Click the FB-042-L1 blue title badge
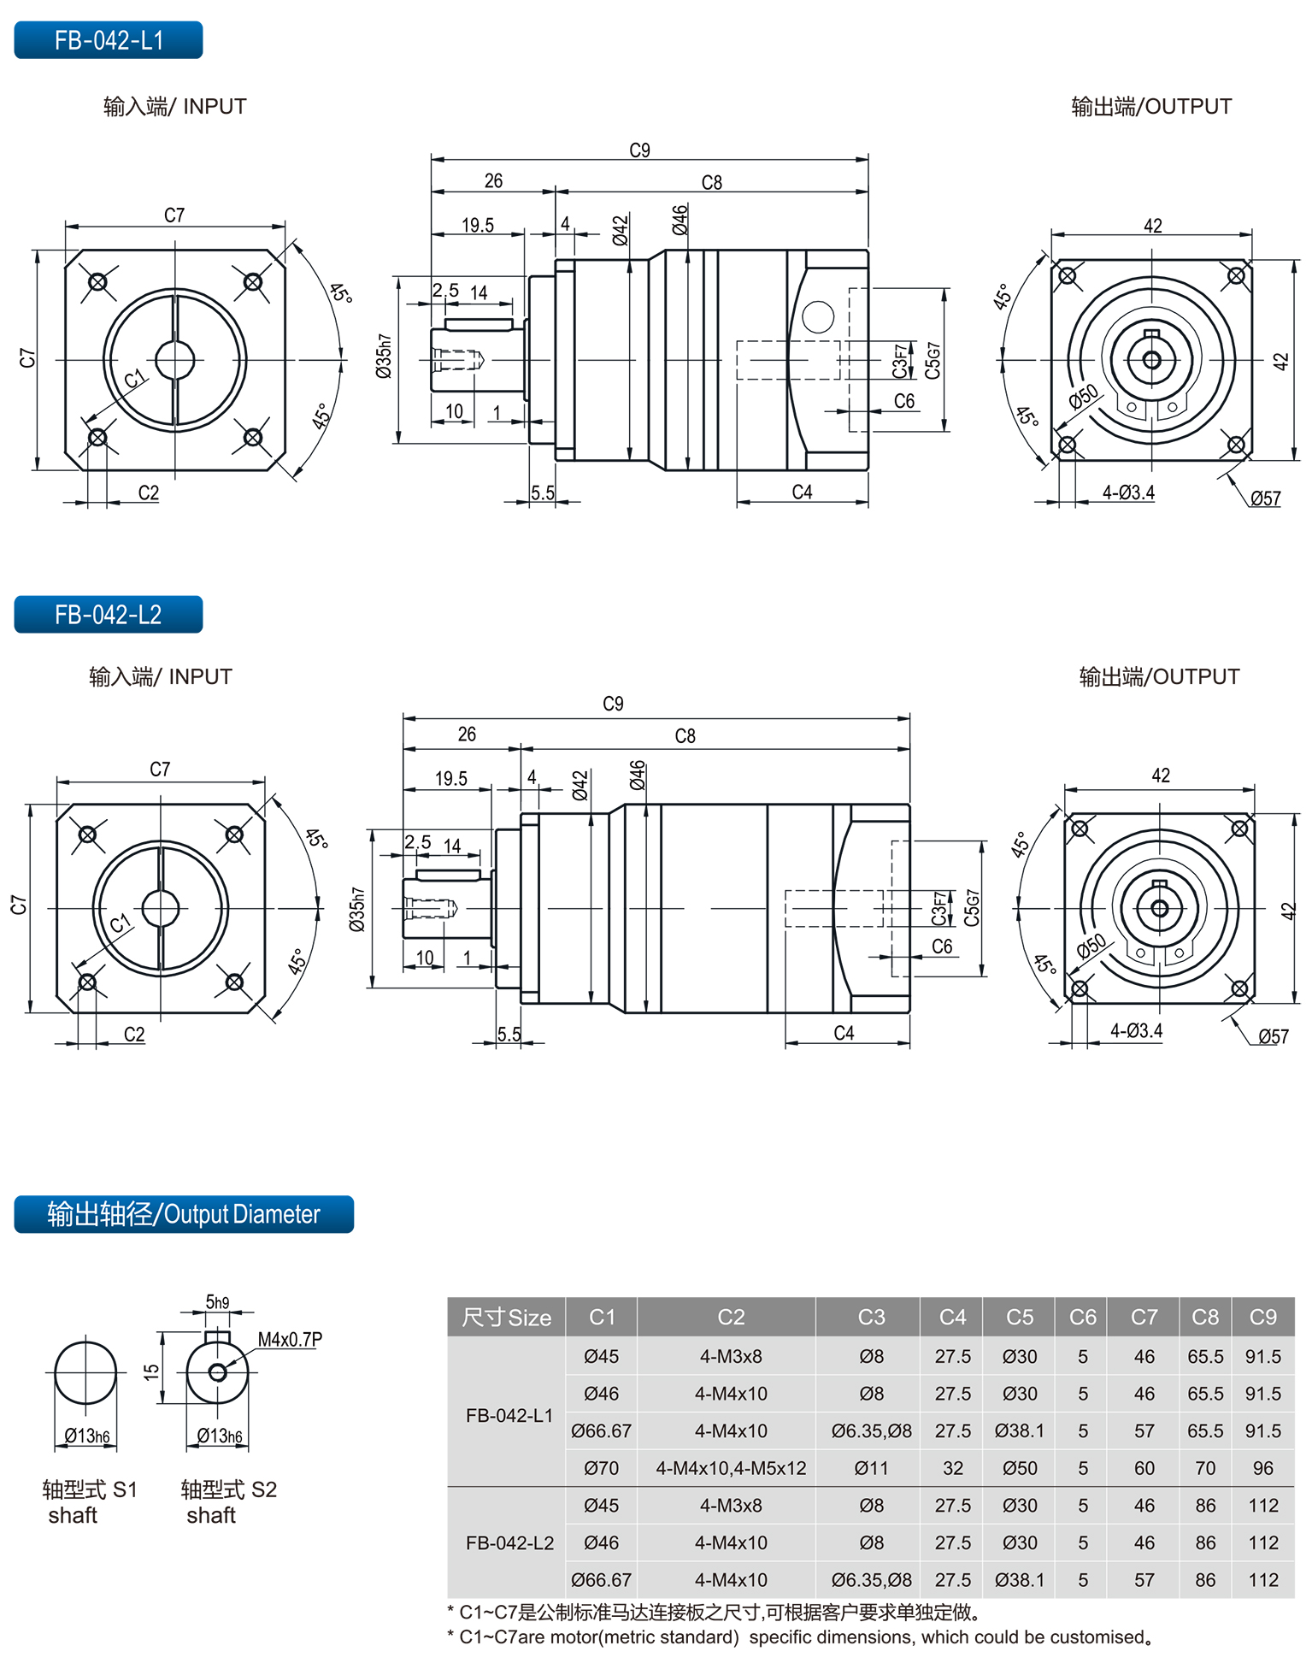pyautogui.click(x=109, y=40)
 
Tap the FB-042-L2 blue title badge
pyautogui.click(x=109, y=615)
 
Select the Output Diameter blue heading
pyautogui.click(x=184, y=1214)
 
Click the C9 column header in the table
pyautogui.click(x=1262, y=1317)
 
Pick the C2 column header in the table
pyautogui.click(x=731, y=1317)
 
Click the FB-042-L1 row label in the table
pyautogui.click(x=509, y=1415)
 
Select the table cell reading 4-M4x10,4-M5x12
pyautogui.click(x=731, y=1468)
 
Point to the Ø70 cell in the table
pyautogui.click(x=601, y=1468)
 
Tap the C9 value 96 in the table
pyautogui.click(x=1262, y=1468)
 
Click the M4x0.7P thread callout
pyautogui.click(x=290, y=1339)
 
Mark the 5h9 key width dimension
pyautogui.click(x=217, y=1302)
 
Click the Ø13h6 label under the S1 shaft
pyautogui.click(x=87, y=1436)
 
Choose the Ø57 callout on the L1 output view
pyautogui.click(x=1265, y=498)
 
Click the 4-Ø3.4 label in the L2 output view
pyautogui.click(x=1136, y=1031)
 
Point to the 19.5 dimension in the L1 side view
pyautogui.click(x=478, y=225)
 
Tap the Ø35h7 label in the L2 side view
pyautogui.click(x=357, y=909)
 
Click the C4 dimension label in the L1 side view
pyautogui.click(x=802, y=492)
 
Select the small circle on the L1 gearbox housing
pyautogui.click(x=818, y=317)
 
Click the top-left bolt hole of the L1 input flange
pyautogui.click(x=97, y=281)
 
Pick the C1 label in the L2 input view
pyautogui.click(x=120, y=923)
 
